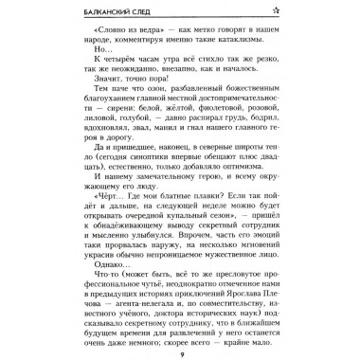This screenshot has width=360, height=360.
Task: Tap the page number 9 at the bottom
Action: tap(180, 350)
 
